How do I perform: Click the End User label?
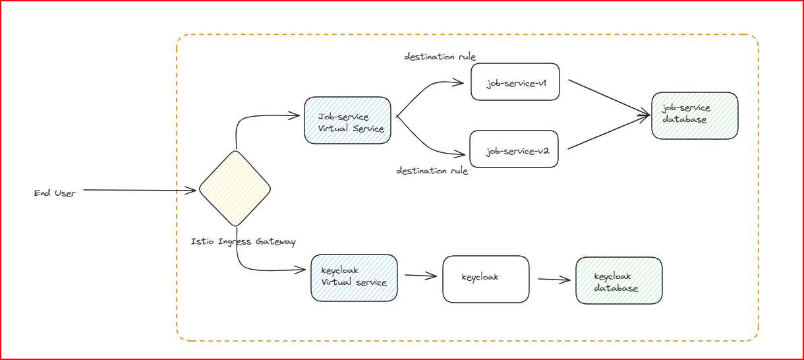(x=55, y=193)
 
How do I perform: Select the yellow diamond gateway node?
(x=235, y=189)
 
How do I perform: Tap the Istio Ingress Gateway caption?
(x=243, y=242)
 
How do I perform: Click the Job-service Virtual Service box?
(x=347, y=120)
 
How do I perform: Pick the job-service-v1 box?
(x=515, y=82)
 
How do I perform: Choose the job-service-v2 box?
(x=514, y=150)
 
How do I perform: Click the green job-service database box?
(x=694, y=115)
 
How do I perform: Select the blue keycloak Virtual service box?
(x=354, y=278)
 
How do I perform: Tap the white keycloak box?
(x=485, y=279)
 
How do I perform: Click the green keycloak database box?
(x=618, y=281)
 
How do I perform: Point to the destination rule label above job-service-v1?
(x=440, y=57)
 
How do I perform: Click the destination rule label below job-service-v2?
(x=432, y=171)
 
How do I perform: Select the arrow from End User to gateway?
(x=140, y=191)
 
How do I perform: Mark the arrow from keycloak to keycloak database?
(x=554, y=280)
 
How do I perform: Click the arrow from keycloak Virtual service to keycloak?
(x=420, y=276)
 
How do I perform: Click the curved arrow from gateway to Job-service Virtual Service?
(x=250, y=119)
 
